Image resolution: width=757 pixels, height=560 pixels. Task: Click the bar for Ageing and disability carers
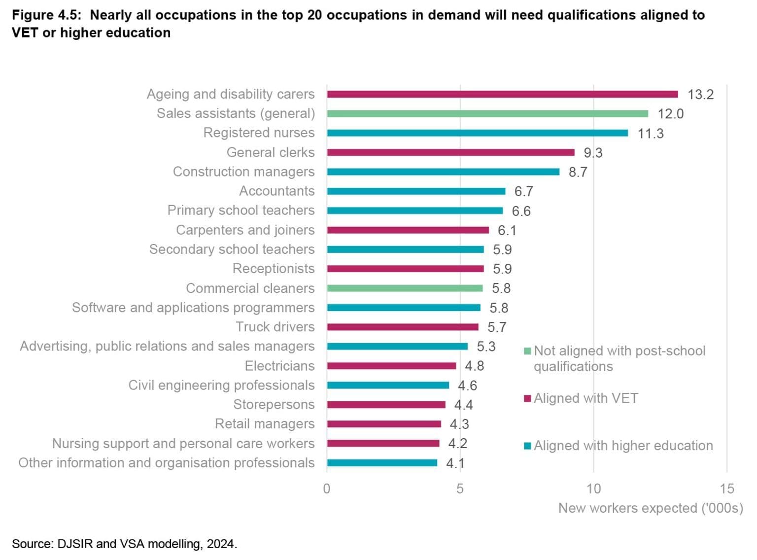(502, 94)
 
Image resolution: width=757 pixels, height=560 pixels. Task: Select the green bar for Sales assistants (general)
(487, 113)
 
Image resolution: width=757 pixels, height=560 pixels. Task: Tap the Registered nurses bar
(477, 133)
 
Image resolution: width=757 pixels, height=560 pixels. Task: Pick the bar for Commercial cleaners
(405, 288)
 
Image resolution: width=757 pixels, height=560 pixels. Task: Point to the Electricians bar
(391, 366)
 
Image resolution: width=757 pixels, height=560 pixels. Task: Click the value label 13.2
(700, 95)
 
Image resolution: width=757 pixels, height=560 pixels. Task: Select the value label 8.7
(578, 172)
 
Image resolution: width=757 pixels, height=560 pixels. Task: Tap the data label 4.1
(455, 463)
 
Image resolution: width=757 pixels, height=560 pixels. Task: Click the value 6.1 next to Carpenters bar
(507, 230)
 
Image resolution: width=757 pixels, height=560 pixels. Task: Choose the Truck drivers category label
(275, 327)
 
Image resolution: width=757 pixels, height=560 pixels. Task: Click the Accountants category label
(276, 191)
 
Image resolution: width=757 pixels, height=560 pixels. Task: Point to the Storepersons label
(274, 405)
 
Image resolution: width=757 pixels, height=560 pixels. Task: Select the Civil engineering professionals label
(221, 385)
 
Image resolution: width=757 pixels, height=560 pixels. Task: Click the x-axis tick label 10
(593, 489)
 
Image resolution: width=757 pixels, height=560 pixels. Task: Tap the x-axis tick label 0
(327, 489)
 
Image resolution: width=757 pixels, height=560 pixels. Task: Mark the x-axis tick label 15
(726, 489)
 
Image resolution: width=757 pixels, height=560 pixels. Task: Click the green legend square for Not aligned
(527, 351)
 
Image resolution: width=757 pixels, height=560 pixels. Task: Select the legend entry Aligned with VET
(585, 398)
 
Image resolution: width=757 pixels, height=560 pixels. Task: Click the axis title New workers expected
(650, 508)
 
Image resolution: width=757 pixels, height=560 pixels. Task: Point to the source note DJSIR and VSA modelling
(124, 544)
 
